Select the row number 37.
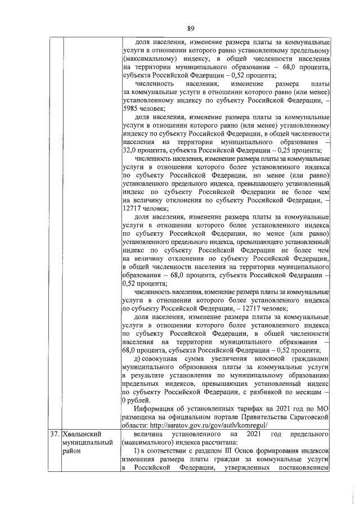pos(55,435)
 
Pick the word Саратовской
pos(307,417)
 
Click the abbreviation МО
pos(322,408)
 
